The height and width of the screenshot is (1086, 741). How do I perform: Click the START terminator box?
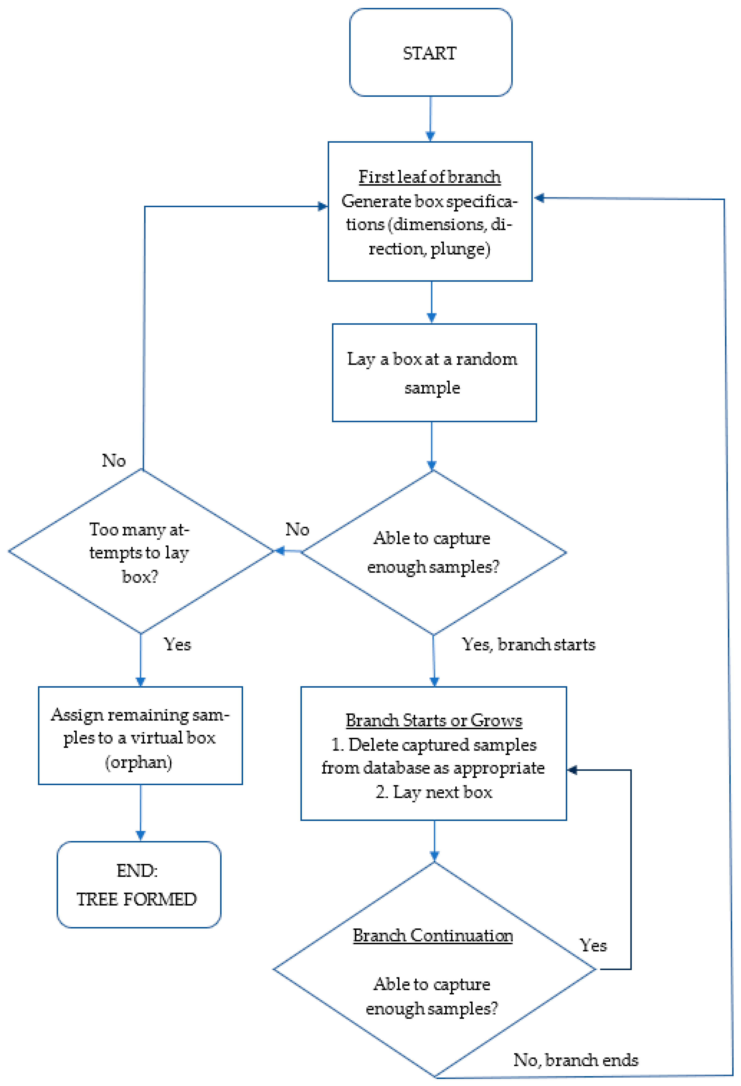(x=430, y=52)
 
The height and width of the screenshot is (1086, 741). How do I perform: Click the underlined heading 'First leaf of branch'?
(x=429, y=177)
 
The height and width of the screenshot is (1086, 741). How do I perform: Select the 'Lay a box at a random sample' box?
(x=434, y=372)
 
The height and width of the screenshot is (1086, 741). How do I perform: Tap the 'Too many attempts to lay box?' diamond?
(x=140, y=551)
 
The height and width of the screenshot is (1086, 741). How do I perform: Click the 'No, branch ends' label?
(x=575, y=1060)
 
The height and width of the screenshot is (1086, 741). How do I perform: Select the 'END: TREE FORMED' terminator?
(x=138, y=885)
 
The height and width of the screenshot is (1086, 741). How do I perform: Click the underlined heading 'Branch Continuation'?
(x=432, y=935)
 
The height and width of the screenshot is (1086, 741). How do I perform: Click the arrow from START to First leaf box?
(x=430, y=119)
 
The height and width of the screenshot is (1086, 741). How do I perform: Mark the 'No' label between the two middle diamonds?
(x=297, y=529)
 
